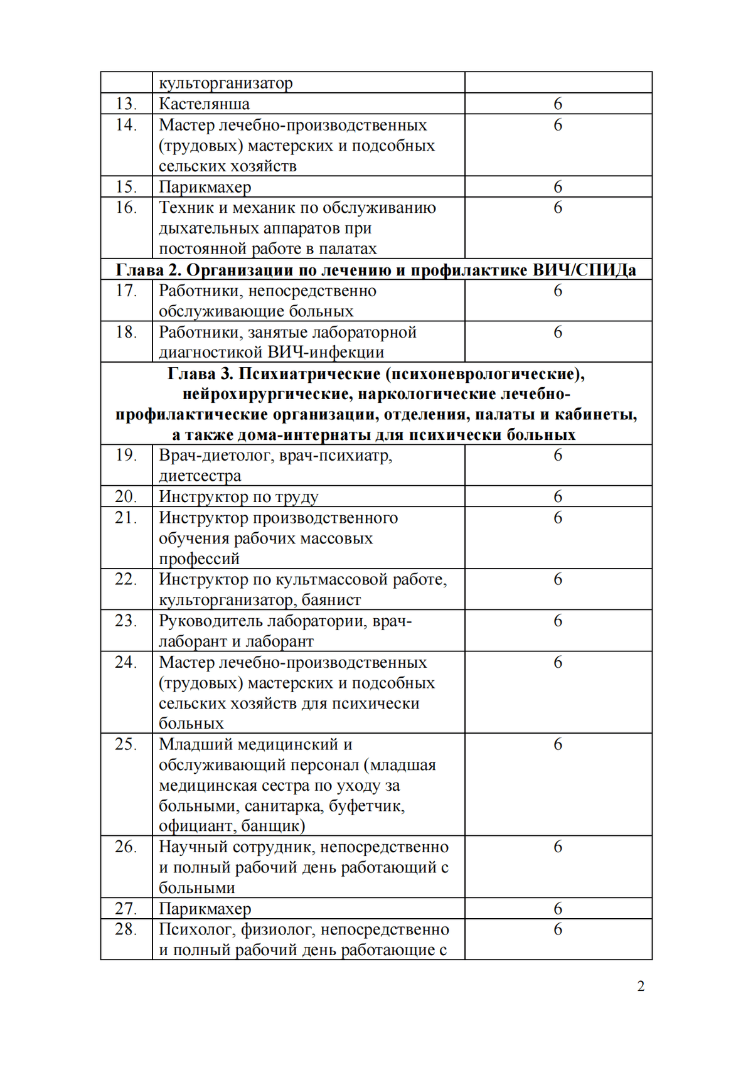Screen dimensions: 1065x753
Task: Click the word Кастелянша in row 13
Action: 204,104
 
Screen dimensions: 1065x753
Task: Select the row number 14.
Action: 125,125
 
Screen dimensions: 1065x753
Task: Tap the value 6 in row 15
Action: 558,187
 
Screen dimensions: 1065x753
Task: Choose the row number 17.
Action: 125,291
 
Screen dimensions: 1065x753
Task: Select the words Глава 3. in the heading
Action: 200,374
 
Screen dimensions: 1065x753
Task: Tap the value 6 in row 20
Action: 558,497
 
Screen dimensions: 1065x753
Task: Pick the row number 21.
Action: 125,518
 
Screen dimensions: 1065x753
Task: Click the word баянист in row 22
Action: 331,600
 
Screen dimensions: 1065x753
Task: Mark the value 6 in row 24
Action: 558,663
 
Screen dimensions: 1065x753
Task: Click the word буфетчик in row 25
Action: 366,806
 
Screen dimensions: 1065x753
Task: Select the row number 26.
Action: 125,847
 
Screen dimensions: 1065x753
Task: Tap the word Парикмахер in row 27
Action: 205,909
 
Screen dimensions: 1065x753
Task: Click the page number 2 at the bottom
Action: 641,986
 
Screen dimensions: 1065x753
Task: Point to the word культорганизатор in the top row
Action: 225,83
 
